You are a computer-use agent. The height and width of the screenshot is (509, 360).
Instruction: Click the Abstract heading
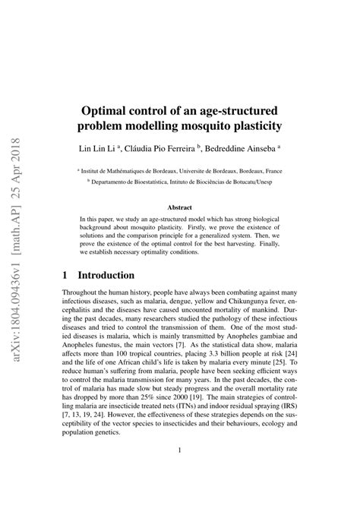click(x=179, y=206)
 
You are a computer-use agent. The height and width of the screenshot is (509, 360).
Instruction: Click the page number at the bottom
click(x=180, y=480)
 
